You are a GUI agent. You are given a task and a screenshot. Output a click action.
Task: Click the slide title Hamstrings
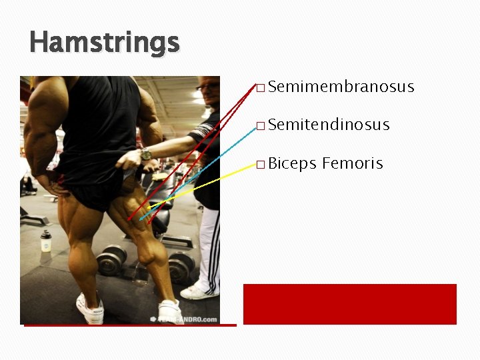tap(105, 43)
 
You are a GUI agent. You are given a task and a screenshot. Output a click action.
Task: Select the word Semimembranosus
tap(342, 87)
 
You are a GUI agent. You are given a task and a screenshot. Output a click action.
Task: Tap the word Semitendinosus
tap(329, 125)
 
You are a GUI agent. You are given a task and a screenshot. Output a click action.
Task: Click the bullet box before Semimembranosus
tap(260, 88)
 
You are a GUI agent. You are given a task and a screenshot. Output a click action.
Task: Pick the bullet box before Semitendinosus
tap(260, 126)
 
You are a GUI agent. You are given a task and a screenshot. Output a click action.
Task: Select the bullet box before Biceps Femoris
tap(260, 165)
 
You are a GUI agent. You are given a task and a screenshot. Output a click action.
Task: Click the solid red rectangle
tap(349, 304)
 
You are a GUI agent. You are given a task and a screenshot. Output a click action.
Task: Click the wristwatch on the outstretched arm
tap(146, 155)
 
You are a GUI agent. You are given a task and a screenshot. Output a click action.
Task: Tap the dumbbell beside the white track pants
tap(181, 267)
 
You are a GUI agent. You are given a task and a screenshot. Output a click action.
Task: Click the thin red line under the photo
tap(130, 325)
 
